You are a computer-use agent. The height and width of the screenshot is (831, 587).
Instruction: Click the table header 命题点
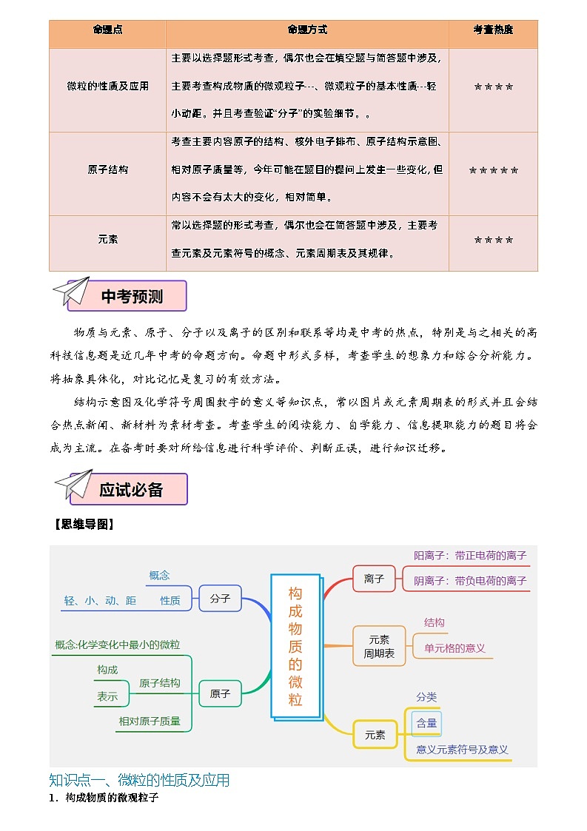107,30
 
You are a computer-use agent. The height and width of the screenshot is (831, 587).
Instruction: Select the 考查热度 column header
493,30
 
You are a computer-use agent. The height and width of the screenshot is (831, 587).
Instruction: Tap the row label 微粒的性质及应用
107,86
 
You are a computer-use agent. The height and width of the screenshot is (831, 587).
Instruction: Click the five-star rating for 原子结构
493,170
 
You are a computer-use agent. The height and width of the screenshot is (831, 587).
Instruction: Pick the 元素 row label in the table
107,240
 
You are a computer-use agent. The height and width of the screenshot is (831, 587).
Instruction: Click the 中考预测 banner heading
132,297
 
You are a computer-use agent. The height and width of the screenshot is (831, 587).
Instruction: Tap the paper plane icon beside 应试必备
73,486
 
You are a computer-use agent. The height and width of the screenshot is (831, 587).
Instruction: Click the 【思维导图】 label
82,525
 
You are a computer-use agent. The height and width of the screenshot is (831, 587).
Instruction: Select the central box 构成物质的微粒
295,646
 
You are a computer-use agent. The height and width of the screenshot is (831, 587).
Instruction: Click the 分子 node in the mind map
220,598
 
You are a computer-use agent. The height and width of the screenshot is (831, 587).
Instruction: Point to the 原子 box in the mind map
220,694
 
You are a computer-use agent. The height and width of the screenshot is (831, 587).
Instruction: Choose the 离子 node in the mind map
374,579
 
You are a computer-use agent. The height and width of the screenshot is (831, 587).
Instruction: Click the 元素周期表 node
378,646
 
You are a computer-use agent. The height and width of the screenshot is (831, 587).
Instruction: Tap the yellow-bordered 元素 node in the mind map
375,735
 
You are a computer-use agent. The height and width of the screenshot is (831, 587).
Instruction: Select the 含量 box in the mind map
426,723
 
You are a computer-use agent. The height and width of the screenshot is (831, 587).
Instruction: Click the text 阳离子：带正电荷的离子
470,556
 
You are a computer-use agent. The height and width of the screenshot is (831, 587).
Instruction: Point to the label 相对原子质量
150,721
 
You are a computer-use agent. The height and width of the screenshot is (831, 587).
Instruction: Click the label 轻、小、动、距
100,601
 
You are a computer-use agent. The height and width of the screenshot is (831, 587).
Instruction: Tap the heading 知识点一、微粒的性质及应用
139,780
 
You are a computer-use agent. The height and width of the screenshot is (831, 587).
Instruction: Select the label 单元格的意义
454,648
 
